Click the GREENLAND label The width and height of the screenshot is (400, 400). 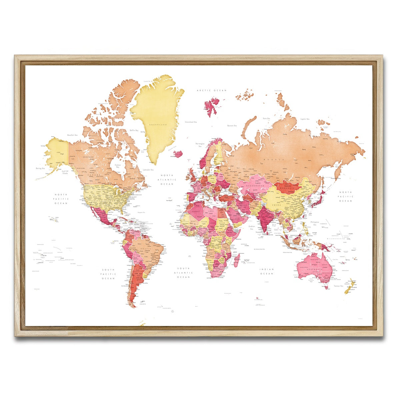158,124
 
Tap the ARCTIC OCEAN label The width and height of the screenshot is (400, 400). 211,90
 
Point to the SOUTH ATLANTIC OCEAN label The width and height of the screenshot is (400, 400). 183,273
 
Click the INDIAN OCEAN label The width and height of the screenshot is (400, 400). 267,271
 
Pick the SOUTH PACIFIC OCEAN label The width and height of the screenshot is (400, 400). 108,274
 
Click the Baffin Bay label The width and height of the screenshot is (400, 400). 134,130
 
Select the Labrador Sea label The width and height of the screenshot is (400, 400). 148,170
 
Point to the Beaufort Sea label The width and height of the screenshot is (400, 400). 72,135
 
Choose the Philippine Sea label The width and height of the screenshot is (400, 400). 315,223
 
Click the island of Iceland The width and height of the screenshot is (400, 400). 178,154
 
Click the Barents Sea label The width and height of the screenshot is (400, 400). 232,126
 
